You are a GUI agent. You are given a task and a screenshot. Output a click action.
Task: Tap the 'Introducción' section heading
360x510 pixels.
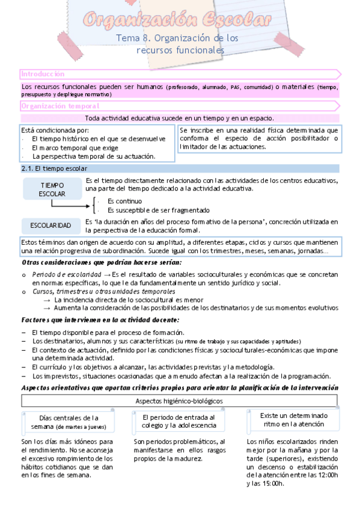(43, 74)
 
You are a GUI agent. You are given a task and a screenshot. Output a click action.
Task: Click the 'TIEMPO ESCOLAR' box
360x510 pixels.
(52, 189)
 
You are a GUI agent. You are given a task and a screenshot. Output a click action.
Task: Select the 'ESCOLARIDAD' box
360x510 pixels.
(51, 226)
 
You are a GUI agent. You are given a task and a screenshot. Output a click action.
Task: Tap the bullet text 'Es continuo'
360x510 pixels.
(124, 201)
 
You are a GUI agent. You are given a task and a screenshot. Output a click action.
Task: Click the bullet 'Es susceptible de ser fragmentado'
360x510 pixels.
(158, 210)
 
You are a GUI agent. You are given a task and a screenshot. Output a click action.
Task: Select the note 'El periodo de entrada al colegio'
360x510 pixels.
(178, 422)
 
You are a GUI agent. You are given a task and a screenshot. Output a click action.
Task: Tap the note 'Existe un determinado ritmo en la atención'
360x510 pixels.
(294, 420)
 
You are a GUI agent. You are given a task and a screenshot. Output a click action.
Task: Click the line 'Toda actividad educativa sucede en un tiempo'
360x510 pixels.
(179, 118)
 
